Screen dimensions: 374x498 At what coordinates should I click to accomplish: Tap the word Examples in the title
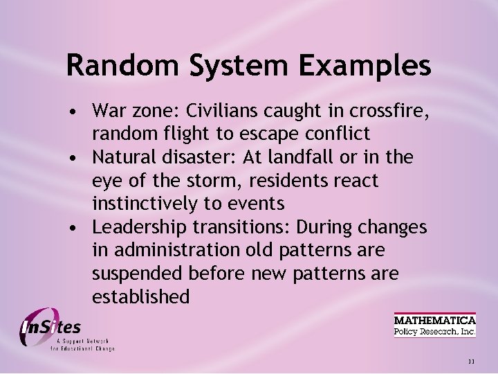coord(365,66)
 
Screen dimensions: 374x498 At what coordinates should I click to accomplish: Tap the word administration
coord(178,251)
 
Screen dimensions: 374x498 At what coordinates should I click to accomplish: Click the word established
coord(140,297)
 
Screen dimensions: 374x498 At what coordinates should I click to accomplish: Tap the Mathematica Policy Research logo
coord(435,326)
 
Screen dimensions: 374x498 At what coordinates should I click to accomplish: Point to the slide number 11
coord(471,361)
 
